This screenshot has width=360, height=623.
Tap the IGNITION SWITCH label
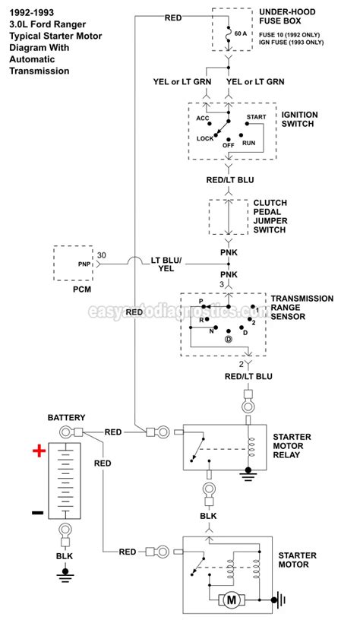click(299, 119)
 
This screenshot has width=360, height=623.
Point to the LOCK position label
click(205, 138)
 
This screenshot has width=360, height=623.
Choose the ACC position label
click(202, 119)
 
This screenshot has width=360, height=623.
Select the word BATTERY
click(67, 418)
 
